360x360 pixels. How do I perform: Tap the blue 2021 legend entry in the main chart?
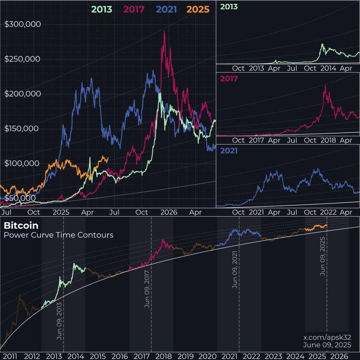[x=164, y=9]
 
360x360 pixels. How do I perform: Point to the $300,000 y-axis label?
[x=22, y=24]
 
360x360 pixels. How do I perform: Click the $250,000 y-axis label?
[x=22, y=59]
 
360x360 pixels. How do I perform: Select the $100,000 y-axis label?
[x=22, y=163]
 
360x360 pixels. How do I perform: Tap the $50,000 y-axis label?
[x=20, y=198]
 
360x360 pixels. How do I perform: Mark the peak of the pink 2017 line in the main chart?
[x=164, y=31]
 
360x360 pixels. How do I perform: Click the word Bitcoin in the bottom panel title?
[x=21, y=226]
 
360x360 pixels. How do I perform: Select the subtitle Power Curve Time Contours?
[x=58, y=235]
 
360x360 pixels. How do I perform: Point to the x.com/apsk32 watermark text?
[x=327, y=337]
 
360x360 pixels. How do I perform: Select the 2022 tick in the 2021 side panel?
[x=327, y=212]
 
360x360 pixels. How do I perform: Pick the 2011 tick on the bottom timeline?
[x=10, y=356]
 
